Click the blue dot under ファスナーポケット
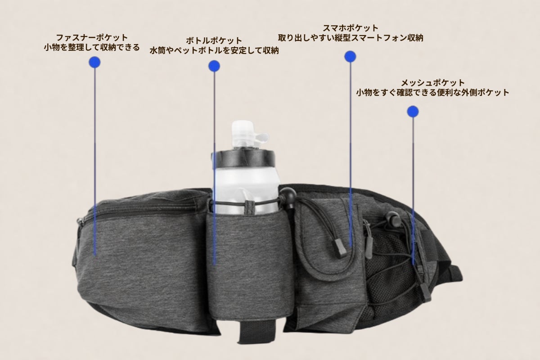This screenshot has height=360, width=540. click(x=94, y=62)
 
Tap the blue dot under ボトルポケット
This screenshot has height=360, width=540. click(x=214, y=66)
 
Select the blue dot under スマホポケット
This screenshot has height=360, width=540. click(x=350, y=57)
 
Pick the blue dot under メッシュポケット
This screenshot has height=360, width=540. click(x=413, y=112)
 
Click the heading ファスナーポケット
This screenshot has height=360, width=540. click(x=92, y=38)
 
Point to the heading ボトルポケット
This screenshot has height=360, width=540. click(x=214, y=40)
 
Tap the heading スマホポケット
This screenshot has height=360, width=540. click(x=351, y=28)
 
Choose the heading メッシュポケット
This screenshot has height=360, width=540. click(x=433, y=83)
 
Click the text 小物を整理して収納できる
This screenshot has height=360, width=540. click(x=92, y=47)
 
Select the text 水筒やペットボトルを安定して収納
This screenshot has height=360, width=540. click(x=214, y=50)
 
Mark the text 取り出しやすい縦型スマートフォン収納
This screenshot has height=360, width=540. click(x=351, y=38)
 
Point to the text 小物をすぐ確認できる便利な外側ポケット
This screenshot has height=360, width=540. click(x=433, y=93)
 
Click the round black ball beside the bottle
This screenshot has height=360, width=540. click(x=288, y=194)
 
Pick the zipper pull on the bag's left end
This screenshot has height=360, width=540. click(x=81, y=220)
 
